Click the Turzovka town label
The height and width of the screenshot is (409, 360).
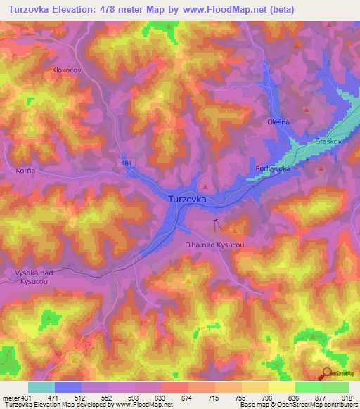pyautogui.click(x=187, y=200)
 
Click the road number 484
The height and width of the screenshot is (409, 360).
pyautogui.click(x=127, y=163)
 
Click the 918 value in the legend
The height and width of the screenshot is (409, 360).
pyautogui.click(x=347, y=398)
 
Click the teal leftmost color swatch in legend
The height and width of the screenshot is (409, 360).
pyautogui.click(x=41, y=387)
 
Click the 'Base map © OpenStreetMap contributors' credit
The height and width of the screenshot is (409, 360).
pyautogui.click(x=298, y=405)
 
